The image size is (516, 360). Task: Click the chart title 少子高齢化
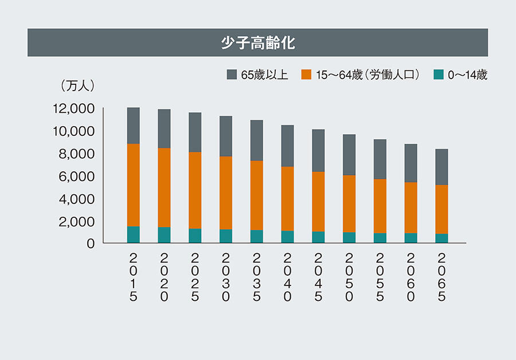257,43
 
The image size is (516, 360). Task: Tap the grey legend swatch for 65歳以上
232,75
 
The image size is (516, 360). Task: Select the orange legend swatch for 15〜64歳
306,75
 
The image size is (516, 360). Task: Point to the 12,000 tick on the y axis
74,108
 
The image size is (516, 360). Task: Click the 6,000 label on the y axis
77,177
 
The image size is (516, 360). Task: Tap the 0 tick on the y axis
90,244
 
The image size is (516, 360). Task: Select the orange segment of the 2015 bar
133,185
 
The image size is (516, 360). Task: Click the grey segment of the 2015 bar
133,126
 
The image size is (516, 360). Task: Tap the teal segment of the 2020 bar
164,235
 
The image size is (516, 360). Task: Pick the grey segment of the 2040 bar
287,146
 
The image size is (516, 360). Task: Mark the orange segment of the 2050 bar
349,204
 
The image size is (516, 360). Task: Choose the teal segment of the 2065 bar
441,238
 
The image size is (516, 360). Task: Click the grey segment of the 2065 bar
441,167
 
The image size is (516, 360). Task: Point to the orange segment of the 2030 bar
226,193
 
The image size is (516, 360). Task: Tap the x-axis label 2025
195,276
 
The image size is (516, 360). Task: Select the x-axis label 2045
318,276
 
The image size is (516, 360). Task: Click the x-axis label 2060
411,276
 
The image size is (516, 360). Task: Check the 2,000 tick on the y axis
77,222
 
